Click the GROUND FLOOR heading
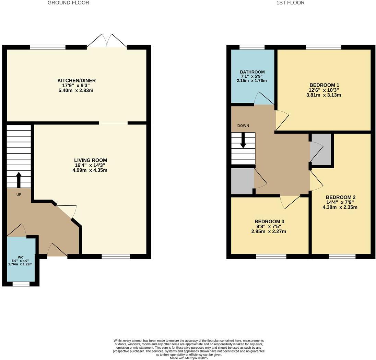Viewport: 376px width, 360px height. pos(68,3)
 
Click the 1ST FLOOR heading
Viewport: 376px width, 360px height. pos(290,3)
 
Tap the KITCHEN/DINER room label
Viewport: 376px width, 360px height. pos(77,81)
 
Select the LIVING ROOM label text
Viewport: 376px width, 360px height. pos(91,160)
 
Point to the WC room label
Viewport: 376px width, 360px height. pos(21,257)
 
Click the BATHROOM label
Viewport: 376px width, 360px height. pos(252,72)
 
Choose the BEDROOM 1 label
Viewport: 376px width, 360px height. pos(324,85)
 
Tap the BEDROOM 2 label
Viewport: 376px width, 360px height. pos(340,198)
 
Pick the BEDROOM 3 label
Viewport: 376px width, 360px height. pos(269,222)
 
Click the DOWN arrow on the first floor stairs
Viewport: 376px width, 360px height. pos(243,140)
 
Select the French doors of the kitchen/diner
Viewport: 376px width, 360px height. pos(107,41)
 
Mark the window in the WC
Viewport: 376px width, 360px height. pos(21,284)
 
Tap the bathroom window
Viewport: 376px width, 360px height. pos(252,47)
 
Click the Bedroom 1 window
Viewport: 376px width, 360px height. pos(323,47)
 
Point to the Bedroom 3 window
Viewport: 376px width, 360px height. pos(271,256)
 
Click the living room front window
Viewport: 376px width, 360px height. pos(116,256)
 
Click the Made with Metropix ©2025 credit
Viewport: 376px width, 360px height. pos(188,358)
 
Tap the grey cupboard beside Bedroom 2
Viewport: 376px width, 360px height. pos(321,149)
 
